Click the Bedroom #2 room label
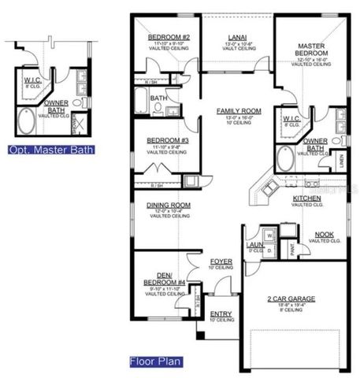tap(169, 37)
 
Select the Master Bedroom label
tap(312, 52)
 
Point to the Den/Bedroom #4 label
tap(165, 279)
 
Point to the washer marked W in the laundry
tap(269, 235)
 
